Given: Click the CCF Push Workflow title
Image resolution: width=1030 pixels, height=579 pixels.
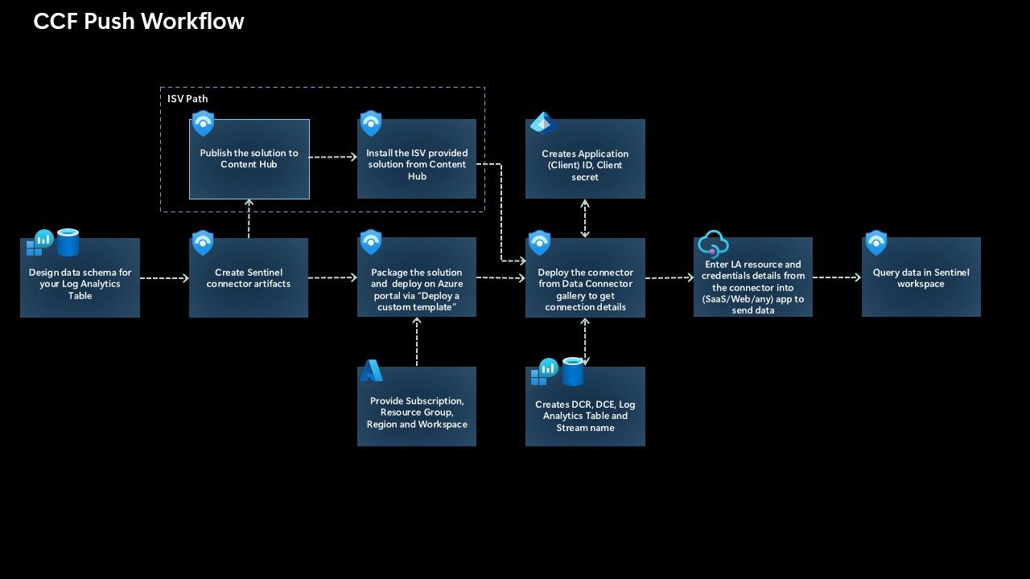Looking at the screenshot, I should pos(138,22).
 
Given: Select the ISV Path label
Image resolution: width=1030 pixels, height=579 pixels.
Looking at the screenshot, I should pos(187,99).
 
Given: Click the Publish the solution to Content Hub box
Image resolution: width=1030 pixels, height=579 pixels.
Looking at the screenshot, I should pos(249,159).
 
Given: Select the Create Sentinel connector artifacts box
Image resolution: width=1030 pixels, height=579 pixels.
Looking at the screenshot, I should pos(249,278).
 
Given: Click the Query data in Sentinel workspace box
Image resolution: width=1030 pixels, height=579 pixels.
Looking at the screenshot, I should pos(921,278).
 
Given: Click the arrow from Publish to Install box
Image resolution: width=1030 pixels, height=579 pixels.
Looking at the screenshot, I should pos(333,158).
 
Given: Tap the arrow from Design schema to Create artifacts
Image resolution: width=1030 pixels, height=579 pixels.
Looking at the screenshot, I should pos(164,278).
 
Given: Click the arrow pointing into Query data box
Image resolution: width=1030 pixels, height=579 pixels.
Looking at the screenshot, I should pos(837,278).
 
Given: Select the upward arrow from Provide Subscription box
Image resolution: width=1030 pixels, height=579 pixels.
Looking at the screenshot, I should pos(417,342).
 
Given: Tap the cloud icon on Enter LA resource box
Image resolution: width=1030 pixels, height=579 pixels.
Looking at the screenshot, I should pos(713,243).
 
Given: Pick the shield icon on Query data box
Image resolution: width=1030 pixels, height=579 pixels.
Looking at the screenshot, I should pos(875,243).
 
